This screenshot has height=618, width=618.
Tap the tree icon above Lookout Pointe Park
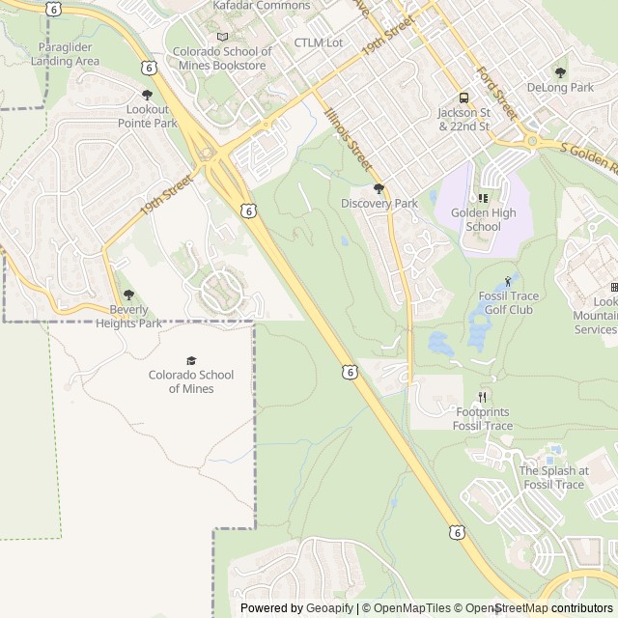pos(147,95)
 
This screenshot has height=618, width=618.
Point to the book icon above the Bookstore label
pos(223,37)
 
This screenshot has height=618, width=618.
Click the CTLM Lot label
pos(319,42)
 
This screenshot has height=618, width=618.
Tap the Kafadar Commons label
pos(262,6)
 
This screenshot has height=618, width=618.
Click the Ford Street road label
pos(496,95)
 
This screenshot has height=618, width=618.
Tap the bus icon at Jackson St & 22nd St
pos(463,98)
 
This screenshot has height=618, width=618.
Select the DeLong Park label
pos(560,87)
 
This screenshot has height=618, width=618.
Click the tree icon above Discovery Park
pos(379,188)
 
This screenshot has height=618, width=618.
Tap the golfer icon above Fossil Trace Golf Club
pos(508,281)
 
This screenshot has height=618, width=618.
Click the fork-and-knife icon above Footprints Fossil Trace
pos(483,398)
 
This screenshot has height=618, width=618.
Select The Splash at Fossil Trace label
pos(552,478)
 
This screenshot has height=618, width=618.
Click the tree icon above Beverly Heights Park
pos(128,295)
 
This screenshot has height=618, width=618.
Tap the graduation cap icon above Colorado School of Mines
pos(190,360)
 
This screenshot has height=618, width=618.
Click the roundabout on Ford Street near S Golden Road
pos(532,141)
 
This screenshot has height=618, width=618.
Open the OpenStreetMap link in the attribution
pos(507,608)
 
